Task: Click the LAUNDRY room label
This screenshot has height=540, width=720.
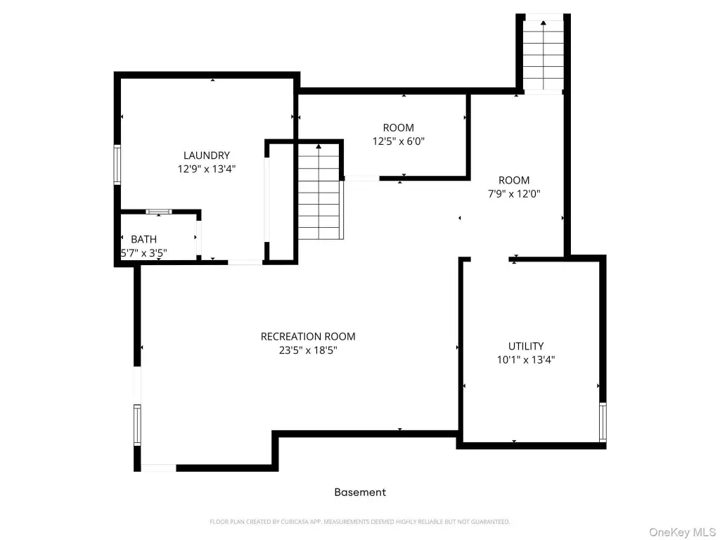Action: pos(207,155)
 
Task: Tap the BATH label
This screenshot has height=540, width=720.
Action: pos(143,239)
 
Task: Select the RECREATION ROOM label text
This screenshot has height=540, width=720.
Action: pos(308,337)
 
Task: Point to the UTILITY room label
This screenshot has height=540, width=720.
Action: pos(526,346)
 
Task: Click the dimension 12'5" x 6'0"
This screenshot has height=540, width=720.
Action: pos(399,141)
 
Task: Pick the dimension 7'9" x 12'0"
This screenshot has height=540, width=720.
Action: pos(514,194)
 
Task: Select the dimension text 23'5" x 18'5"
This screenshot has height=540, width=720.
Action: pos(308,350)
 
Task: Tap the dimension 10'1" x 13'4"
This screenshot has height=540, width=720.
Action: pos(526,359)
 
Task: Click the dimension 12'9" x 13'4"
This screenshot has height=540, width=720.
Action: pos(207,169)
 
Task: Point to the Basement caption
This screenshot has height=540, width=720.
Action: pos(360,492)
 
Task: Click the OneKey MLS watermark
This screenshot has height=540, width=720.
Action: pos(682,532)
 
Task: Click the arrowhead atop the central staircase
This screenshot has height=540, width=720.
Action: pos(319,146)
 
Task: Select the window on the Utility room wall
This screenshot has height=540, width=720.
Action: pos(603,422)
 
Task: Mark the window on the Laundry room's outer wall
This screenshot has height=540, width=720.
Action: pos(117,165)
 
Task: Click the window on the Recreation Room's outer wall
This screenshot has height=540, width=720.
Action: pos(137,425)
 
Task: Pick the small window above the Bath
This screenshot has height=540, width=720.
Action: pos(158,212)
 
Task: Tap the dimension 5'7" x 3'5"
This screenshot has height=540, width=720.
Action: pos(143,252)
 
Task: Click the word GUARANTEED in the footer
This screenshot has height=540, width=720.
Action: pos(491,522)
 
